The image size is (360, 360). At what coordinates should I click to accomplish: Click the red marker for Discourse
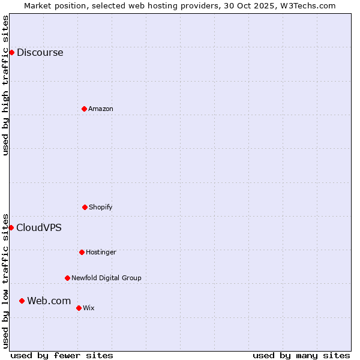[11, 52]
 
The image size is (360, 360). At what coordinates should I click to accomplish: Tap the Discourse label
[40, 52]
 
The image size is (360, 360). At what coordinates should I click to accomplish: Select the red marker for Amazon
[84, 109]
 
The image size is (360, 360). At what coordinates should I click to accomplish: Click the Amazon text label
[100, 109]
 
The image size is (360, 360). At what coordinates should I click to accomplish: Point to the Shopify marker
[85, 207]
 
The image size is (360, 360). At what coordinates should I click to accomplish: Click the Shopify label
[100, 207]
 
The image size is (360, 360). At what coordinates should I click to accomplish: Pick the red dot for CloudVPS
[11, 227]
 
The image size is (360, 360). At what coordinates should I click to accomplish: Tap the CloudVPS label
[38, 227]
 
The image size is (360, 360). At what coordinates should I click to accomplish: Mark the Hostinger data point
[82, 252]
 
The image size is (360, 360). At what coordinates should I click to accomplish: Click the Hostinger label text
[101, 252]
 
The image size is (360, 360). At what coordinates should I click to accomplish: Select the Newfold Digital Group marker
[67, 278]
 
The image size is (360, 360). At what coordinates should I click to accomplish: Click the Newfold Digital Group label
[106, 278]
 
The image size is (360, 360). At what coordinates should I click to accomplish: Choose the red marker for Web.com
[22, 301]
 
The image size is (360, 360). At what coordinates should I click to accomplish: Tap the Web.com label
[49, 301]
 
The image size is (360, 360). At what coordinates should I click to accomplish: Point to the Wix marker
[79, 308]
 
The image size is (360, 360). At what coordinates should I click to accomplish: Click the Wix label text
[88, 308]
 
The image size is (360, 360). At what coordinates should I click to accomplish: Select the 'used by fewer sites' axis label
[62, 355]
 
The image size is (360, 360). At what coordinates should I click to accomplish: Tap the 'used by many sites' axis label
[301, 355]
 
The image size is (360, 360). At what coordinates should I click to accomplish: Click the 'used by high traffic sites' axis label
[5, 85]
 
